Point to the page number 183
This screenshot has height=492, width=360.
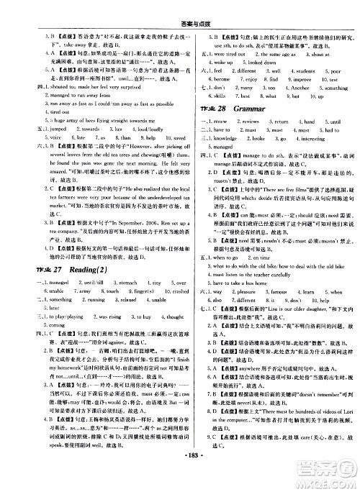[179, 477]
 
